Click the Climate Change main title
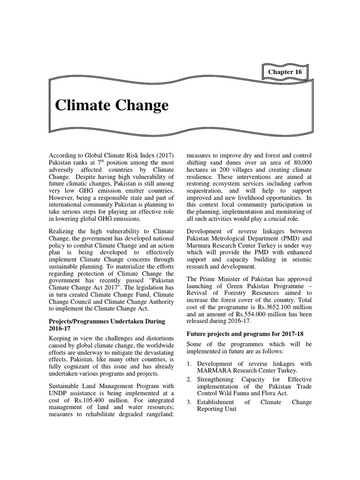[112, 105]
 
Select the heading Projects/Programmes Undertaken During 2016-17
[107, 325]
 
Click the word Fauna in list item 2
[245, 393]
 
